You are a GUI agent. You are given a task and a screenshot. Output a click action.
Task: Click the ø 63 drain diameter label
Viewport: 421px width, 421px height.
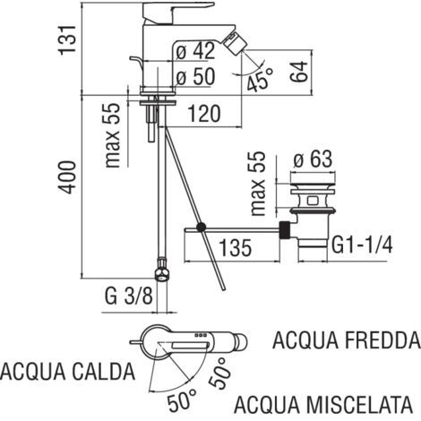click(x=314, y=159)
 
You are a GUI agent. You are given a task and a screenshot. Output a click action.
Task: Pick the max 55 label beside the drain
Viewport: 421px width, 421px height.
click(x=260, y=185)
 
